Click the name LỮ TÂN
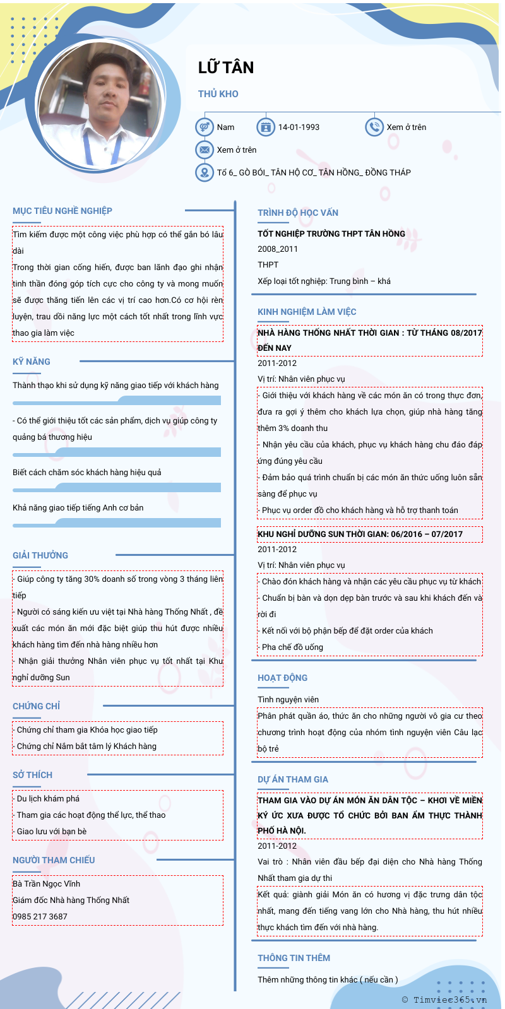pyautogui.click(x=226, y=68)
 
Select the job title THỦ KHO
pyautogui.click(x=218, y=94)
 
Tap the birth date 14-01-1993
pyautogui.click(x=299, y=127)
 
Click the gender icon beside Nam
pyautogui.click(x=204, y=127)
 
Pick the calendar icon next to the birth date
pyautogui.click(x=266, y=127)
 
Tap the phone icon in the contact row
pyautogui.click(x=374, y=127)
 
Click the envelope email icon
pyautogui.click(x=204, y=150)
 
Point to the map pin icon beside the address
pyautogui.click(x=204, y=172)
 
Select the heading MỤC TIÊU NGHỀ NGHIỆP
pyautogui.click(x=62, y=211)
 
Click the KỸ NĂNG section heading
pyautogui.click(x=32, y=362)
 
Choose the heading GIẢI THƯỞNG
pyautogui.click(x=40, y=555)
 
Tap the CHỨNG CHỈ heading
pyautogui.click(x=37, y=706)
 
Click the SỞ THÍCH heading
pyautogui.click(x=33, y=775)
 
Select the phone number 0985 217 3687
pyautogui.click(x=40, y=916)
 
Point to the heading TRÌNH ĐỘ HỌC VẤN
pyautogui.click(x=298, y=213)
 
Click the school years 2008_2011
pyautogui.click(x=278, y=249)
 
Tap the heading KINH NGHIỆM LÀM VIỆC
pyautogui.click(x=307, y=312)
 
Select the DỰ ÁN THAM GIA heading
pyautogui.click(x=293, y=779)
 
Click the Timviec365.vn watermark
pyautogui.click(x=444, y=1000)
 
